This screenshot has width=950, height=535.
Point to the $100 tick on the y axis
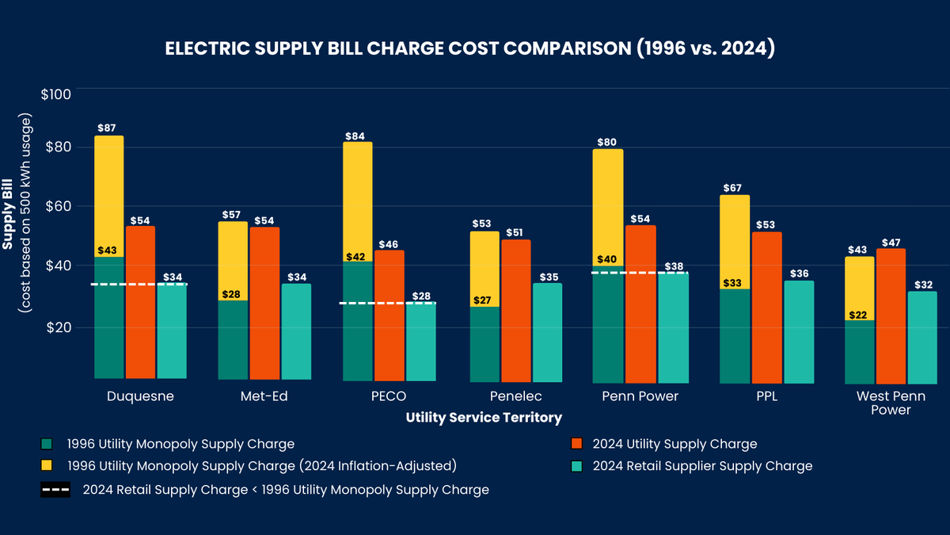55,94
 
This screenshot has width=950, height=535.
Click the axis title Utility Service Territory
484,417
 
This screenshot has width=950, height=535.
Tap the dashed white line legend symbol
55,490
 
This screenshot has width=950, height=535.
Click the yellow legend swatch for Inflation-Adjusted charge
47,466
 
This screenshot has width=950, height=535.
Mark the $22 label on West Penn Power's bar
858,315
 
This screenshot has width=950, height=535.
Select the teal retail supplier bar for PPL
798,332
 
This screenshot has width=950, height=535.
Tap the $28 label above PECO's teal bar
420,296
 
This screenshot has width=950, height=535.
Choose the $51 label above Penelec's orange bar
515,232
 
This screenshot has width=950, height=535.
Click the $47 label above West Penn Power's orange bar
890,243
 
